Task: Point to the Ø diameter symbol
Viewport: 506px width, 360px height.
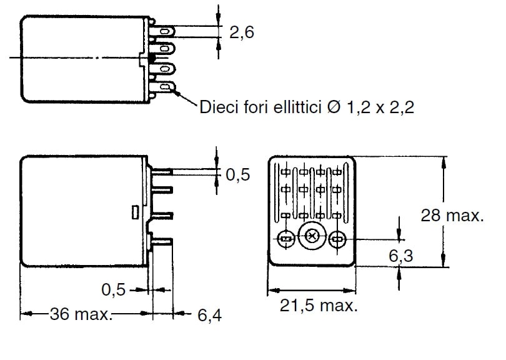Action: (333, 108)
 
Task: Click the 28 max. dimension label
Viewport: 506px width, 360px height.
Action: (452, 216)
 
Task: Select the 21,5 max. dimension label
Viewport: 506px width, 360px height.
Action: (319, 306)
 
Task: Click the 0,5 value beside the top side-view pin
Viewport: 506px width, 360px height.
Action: (238, 175)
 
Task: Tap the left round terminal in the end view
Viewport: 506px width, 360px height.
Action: (284, 238)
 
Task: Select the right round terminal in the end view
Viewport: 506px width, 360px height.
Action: (338, 238)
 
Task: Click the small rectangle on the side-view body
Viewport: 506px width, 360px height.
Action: (134, 212)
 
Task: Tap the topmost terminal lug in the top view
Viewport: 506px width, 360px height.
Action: (167, 31)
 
